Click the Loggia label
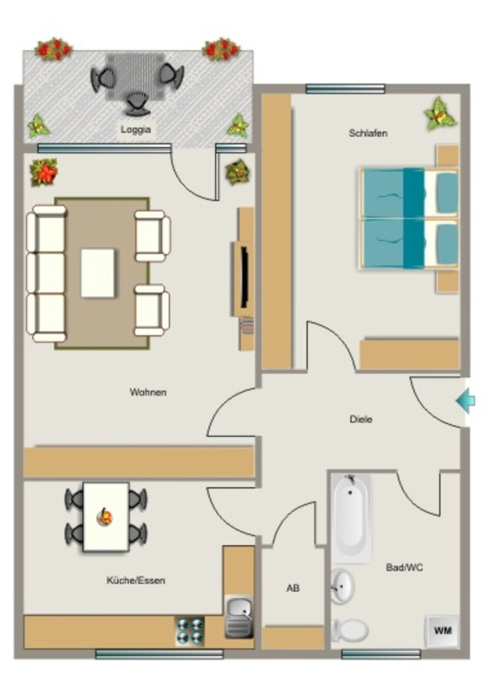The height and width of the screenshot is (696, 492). (136, 130)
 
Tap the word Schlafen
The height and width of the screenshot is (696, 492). (368, 133)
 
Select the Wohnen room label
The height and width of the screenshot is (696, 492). (148, 392)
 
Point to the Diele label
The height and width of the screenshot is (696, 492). (361, 419)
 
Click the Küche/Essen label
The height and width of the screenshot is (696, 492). (136, 580)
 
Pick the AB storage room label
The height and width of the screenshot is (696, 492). (293, 588)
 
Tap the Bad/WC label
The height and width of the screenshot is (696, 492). (404, 568)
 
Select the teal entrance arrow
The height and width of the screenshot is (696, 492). (465, 401)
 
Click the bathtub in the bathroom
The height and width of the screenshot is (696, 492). (352, 518)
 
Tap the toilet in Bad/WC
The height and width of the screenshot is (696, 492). (350, 630)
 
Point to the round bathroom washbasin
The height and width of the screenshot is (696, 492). (342, 587)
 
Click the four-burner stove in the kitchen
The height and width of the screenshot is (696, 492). (190, 631)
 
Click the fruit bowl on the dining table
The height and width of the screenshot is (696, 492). (105, 517)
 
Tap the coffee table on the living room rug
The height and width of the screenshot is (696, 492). (98, 273)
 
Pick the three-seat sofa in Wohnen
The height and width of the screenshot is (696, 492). (46, 273)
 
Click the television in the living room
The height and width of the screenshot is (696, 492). (243, 277)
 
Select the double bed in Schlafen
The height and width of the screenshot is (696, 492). (408, 218)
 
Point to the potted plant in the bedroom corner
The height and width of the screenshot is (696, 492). (440, 114)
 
